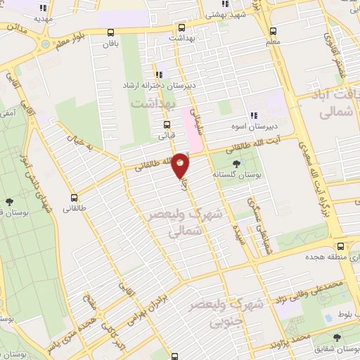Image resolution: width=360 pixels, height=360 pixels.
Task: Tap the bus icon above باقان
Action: click(x=110, y=32)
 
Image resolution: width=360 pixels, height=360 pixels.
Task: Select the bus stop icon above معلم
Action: click(x=273, y=32)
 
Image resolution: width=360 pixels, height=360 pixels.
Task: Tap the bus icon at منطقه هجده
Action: click(x=340, y=247)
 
